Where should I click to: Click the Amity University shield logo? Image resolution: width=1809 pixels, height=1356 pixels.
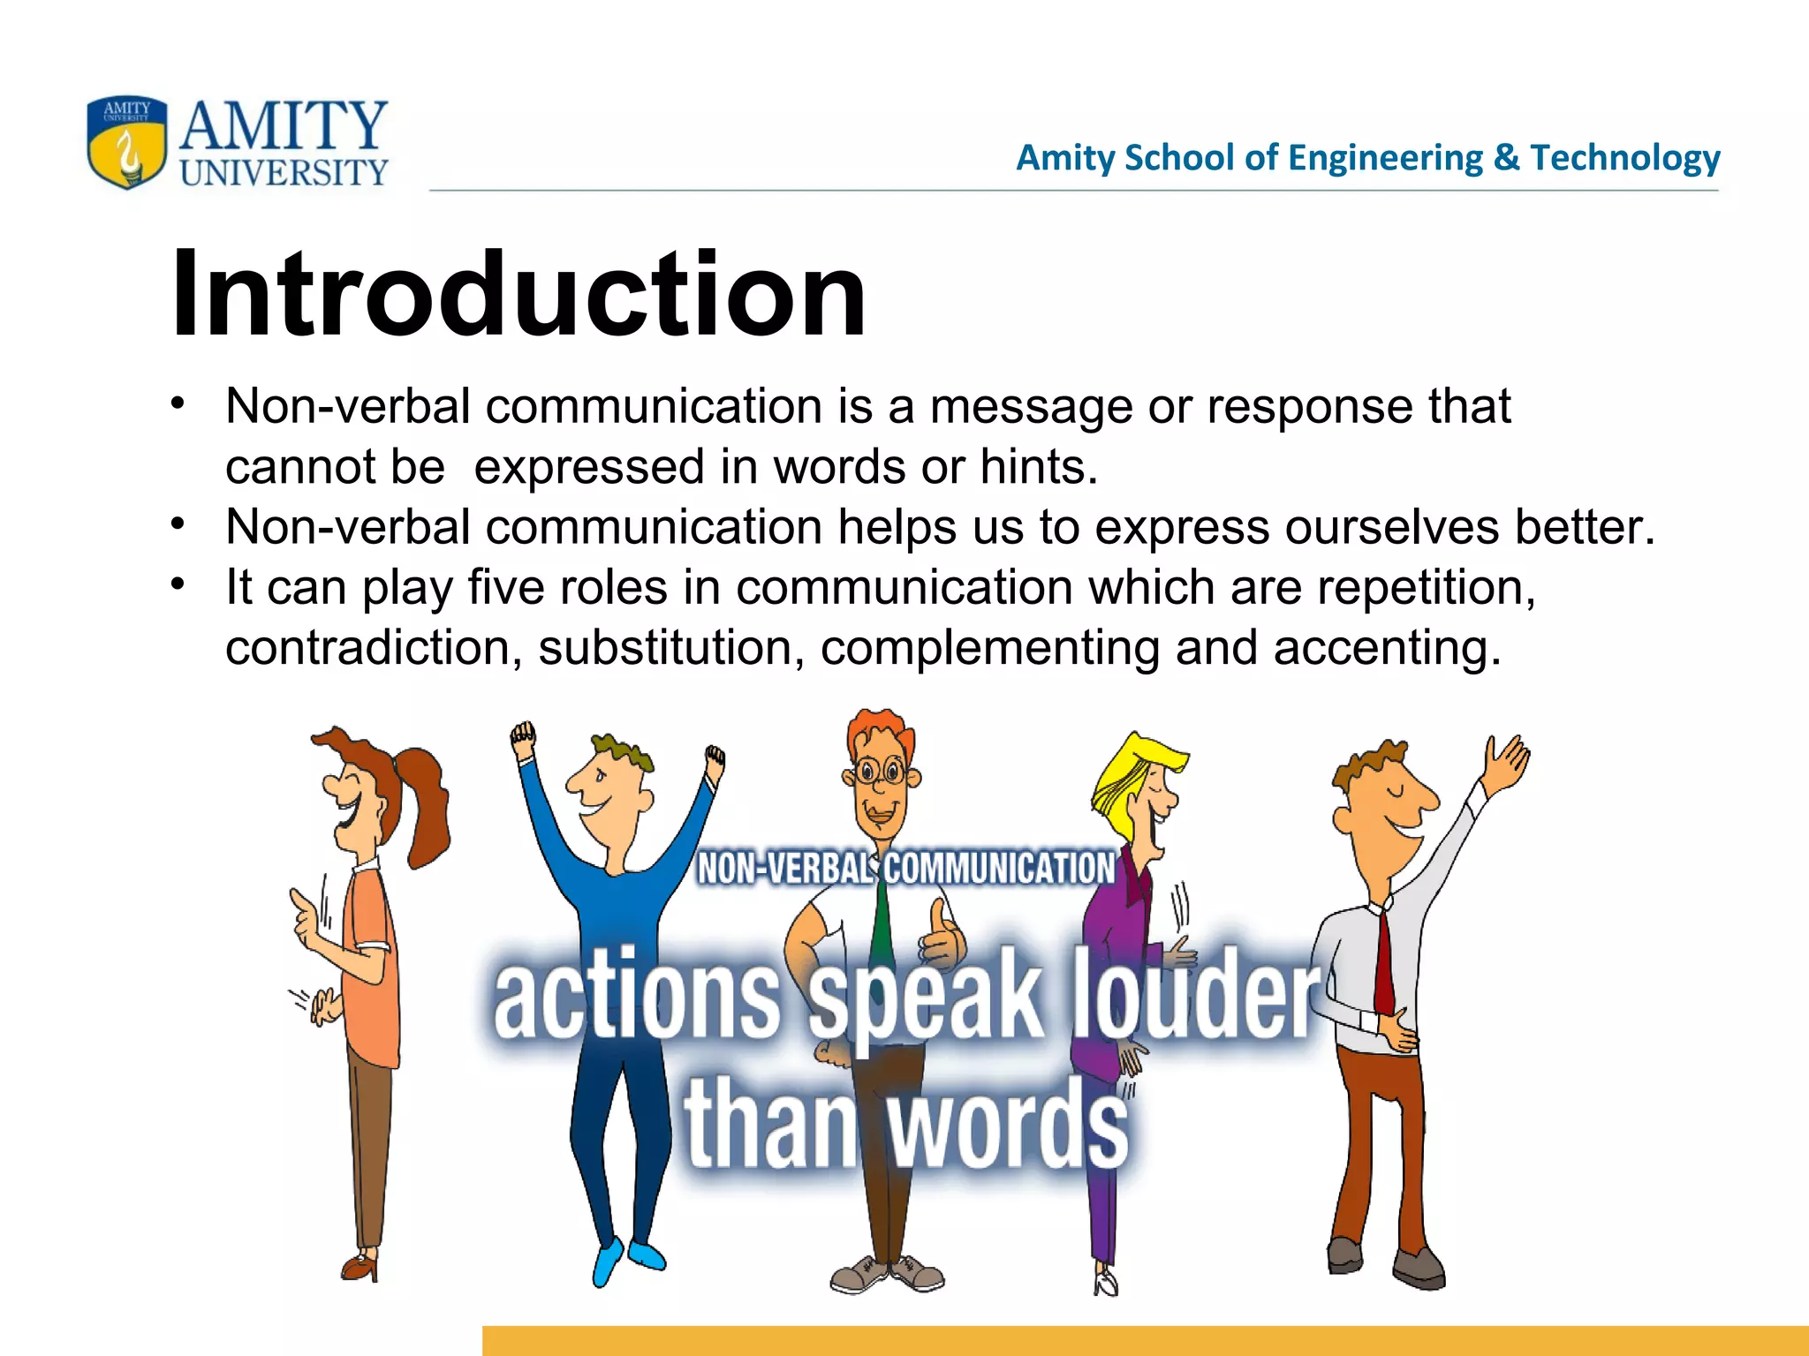click(x=126, y=141)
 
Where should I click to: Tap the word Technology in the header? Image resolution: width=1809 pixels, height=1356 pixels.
click(x=1625, y=158)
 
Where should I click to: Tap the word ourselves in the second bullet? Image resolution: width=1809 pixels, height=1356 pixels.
click(x=1391, y=528)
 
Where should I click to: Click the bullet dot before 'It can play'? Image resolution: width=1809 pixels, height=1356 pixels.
click(x=178, y=584)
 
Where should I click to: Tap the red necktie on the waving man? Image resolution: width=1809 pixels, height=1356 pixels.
click(x=1383, y=962)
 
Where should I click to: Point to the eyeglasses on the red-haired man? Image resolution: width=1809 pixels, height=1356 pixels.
click(x=878, y=773)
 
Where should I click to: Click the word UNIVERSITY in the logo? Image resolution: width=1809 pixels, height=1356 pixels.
click(x=284, y=172)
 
